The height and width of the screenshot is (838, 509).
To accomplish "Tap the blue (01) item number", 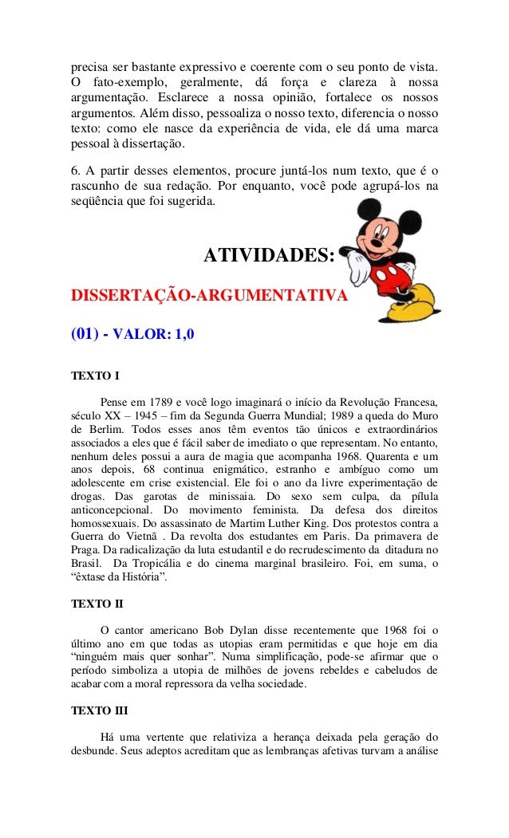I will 85,335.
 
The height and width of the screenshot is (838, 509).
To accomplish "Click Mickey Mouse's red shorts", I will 397,278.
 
